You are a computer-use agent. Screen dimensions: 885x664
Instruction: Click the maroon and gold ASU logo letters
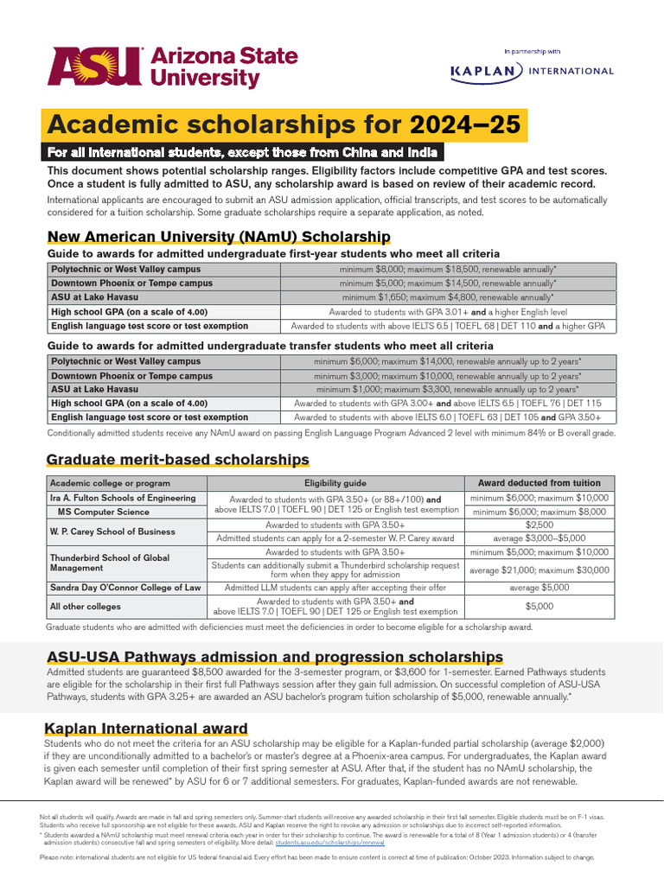(x=95, y=67)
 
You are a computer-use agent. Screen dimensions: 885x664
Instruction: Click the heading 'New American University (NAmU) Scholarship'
(x=219, y=237)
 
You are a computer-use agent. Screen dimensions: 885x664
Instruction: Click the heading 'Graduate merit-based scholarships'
(x=177, y=459)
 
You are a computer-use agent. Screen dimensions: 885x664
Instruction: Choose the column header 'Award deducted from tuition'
(x=539, y=483)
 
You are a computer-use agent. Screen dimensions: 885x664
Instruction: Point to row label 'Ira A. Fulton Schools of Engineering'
(x=123, y=499)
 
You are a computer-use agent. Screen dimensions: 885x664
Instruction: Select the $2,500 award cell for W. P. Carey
(x=539, y=525)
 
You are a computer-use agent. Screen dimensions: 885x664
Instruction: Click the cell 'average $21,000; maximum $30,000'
(x=539, y=570)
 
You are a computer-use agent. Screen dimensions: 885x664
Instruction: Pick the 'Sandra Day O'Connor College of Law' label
(x=125, y=588)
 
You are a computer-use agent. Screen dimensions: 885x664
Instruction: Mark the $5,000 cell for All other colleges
(x=539, y=607)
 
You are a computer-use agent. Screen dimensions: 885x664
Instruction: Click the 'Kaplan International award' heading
(x=146, y=729)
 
